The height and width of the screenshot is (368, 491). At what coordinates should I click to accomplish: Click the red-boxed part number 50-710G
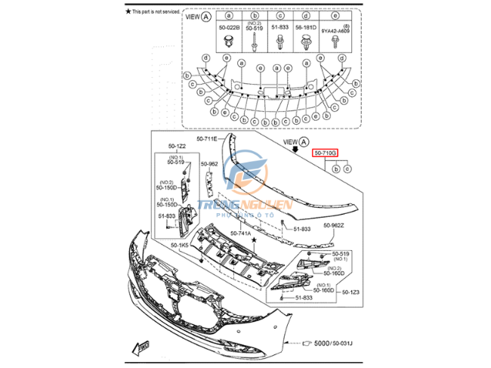coord(326,153)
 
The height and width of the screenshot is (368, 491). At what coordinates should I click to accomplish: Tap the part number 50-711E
coord(206,139)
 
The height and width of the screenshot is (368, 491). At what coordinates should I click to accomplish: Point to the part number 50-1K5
coord(180,245)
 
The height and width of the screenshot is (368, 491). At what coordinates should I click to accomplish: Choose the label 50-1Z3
coord(350,292)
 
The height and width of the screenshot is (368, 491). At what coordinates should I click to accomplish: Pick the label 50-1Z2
coord(177,146)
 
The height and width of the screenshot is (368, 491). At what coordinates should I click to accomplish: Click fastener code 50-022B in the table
coord(229,27)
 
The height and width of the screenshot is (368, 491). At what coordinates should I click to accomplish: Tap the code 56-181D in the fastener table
coord(307,27)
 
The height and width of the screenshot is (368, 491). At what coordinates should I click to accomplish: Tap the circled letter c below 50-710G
coord(346,169)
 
